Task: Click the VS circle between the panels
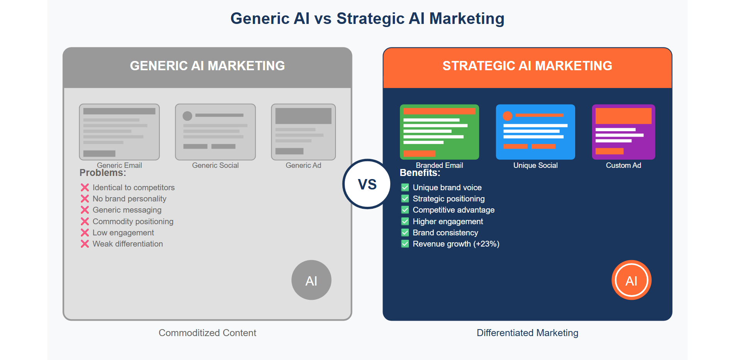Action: [x=367, y=184]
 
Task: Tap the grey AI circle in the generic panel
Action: [x=311, y=280]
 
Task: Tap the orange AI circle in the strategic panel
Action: [x=631, y=280]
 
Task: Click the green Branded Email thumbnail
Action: [x=439, y=132]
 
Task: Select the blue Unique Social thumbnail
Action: [x=535, y=132]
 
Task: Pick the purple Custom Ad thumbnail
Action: [x=623, y=132]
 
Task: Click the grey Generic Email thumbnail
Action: [x=119, y=132]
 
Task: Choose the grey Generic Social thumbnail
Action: [x=215, y=132]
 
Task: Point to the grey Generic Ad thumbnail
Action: [x=303, y=132]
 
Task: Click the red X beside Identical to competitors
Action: [x=85, y=188]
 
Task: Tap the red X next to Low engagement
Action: [x=85, y=233]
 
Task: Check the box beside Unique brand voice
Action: [x=405, y=188]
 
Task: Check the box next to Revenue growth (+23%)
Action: [x=405, y=244]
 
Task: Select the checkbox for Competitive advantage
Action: [x=405, y=210]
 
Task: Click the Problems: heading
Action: [x=103, y=173]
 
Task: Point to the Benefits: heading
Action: [x=420, y=173]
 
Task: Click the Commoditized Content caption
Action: [x=207, y=333]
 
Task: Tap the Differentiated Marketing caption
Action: [x=527, y=333]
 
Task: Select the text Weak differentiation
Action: [x=128, y=244]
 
